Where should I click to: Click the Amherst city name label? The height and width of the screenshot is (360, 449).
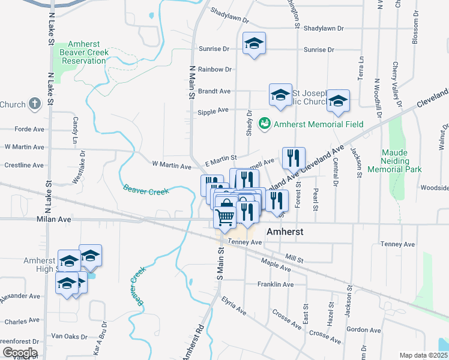285,232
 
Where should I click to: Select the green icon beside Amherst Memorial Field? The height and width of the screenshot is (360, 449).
263,124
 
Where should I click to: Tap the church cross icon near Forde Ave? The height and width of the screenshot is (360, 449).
35,104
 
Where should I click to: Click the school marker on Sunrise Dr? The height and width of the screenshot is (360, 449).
254,43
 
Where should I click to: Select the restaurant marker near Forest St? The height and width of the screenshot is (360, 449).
294,158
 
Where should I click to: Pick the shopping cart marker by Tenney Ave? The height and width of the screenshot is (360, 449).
225,217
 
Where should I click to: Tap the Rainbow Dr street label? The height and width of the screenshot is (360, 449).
215,70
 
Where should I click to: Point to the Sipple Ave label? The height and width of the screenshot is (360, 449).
213,110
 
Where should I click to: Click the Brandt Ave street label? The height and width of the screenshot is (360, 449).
214,91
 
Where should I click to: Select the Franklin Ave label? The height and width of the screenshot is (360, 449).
276,284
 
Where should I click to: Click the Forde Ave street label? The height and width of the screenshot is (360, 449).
29,129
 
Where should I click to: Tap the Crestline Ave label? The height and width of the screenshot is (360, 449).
25,165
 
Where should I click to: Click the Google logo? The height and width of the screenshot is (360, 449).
19,353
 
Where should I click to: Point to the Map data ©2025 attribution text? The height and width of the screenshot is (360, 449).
423,355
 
